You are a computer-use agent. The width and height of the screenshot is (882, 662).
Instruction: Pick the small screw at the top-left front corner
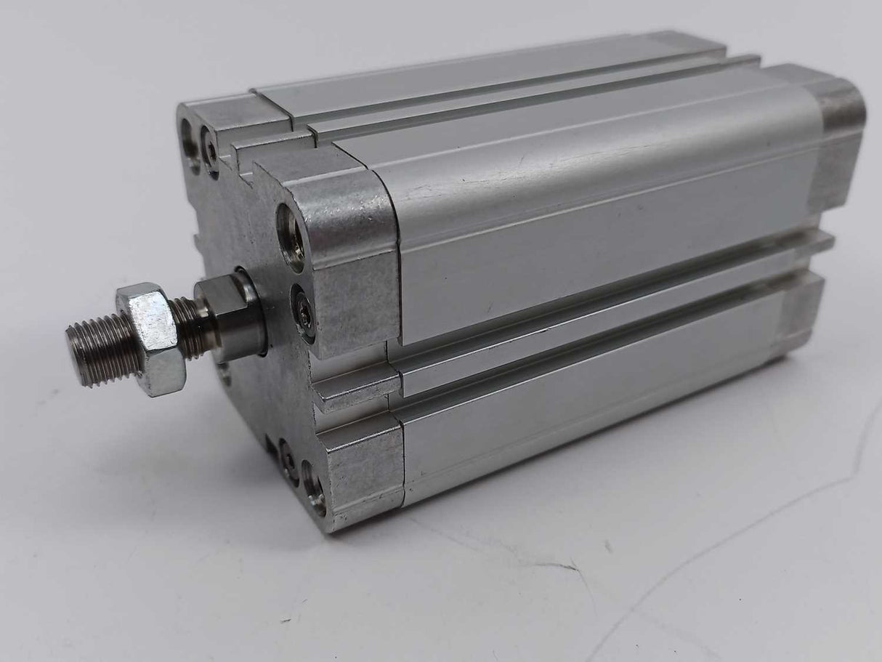tap(210, 151)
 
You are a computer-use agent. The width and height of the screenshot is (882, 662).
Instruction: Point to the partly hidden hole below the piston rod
tap(226, 374)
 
